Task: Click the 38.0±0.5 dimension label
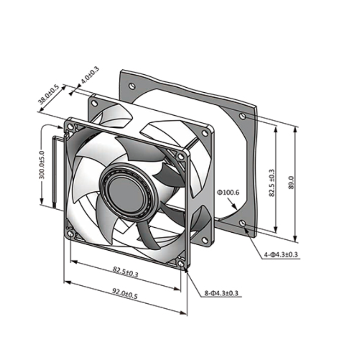49,94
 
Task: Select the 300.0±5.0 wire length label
42,165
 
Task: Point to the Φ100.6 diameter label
228,193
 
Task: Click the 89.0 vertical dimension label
291,183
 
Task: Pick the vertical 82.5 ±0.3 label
272,183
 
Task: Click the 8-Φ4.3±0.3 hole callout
221,293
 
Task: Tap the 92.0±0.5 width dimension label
125,294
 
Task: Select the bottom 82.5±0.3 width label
126,272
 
